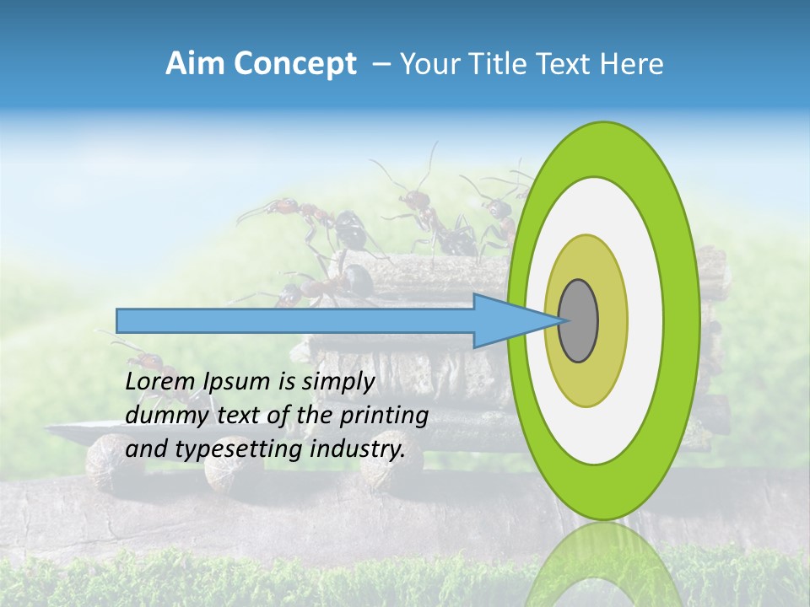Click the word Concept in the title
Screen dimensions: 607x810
click(294, 64)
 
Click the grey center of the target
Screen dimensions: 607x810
click(579, 320)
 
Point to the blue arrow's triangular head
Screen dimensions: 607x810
click(506, 320)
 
